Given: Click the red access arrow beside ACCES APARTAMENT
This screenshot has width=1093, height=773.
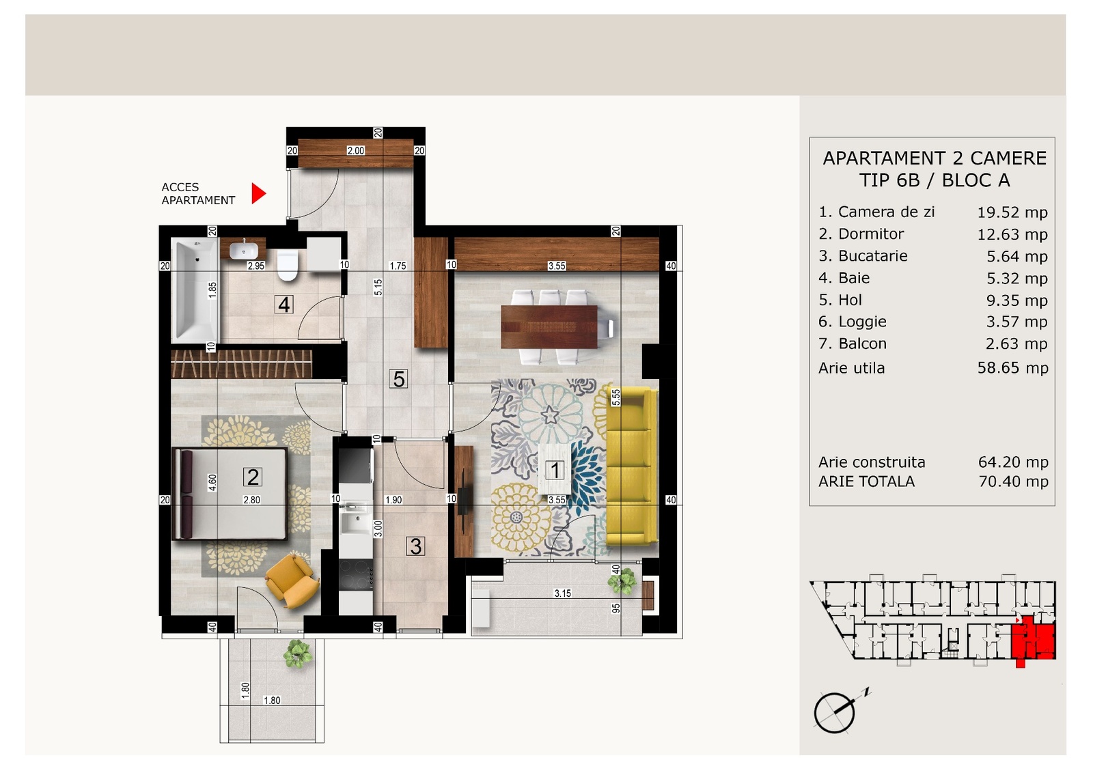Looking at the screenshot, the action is pyautogui.click(x=258, y=194).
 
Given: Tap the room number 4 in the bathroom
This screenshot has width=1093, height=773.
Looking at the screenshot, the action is pyautogui.click(x=283, y=305).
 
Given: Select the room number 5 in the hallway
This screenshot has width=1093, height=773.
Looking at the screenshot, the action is pyautogui.click(x=398, y=379).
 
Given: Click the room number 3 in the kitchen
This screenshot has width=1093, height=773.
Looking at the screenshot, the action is pyautogui.click(x=415, y=546).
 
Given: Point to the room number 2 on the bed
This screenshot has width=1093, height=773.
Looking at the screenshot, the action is pyautogui.click(x=252, y=477).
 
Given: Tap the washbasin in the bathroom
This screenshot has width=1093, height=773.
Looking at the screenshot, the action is pyautogui.click(x=243, y=250).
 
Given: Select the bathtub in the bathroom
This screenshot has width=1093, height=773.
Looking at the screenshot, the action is pyautogui.click(x=195, y=290).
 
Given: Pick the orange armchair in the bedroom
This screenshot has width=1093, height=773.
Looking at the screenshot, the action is pyautogui.click(x=292, y=581).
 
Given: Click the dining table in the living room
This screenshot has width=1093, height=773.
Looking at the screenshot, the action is pyautogui.click(x=549, y=327).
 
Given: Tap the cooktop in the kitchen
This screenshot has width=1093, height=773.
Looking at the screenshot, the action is pyautogui.click(x=356, y=575).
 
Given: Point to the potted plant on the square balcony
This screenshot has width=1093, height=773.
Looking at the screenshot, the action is pyautogui.click(x=297, y=654).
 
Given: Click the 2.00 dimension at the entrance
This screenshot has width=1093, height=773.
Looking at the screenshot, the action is pyautogui.click(x=355, y=151).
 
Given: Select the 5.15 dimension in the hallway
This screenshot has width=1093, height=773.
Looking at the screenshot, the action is pyautogui.click(x=378, y=287).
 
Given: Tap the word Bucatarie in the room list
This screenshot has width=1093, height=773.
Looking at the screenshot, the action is pyautogui.click(x=873, y=256).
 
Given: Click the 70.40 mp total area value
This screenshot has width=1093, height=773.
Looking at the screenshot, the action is pyautogui.click(x=1013, y=481).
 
